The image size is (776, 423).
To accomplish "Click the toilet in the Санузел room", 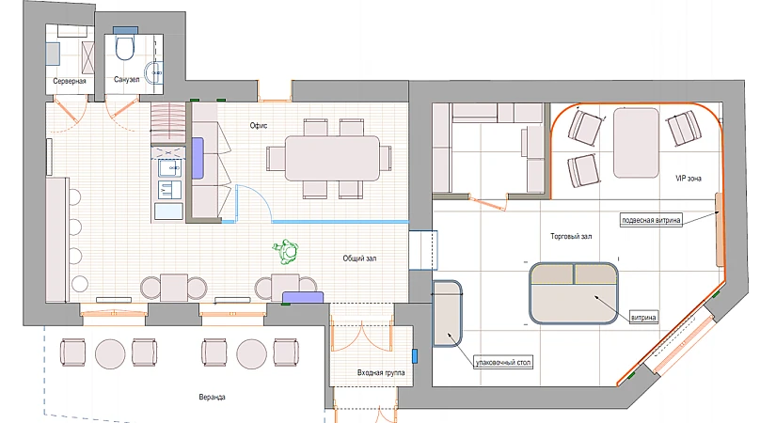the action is (124, 43).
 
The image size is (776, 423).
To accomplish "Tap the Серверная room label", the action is (70, 81).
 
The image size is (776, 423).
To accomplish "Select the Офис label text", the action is (259, 126).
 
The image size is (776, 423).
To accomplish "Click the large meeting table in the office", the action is (332, 158).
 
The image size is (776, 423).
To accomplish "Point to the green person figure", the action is (286, 251).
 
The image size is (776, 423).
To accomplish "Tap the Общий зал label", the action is (359, 258).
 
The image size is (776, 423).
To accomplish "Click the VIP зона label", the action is (689, 178).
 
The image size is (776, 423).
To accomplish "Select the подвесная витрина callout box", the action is (651, 220).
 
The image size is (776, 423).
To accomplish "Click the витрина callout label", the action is (644, 317).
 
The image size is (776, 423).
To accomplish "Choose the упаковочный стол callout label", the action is (503, 363).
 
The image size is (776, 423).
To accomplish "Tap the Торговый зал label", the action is (571, 237).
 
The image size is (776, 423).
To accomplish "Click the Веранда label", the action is (212, 398).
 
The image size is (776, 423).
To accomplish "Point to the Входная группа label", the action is (381, 372).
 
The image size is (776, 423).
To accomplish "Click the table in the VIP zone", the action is (636, 143).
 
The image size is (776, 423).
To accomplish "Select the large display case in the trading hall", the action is (574, 293).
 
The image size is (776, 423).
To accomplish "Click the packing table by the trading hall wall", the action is (448, 313).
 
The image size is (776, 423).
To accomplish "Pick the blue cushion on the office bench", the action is (197, 158).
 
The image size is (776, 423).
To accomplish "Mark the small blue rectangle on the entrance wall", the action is (415, 355).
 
